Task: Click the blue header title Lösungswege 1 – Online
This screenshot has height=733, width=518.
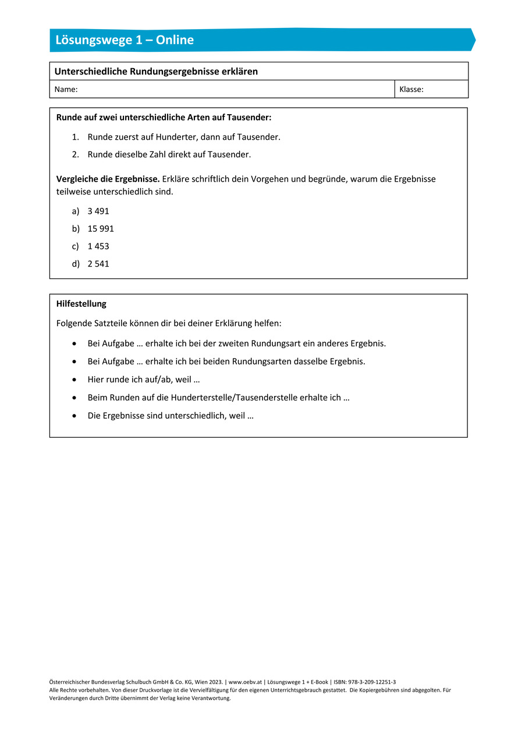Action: pos(125,40)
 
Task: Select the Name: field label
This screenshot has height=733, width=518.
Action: pos(66,90)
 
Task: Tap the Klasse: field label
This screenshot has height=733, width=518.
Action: pos(411,90)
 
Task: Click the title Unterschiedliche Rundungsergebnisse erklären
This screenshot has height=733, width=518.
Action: pos(156,72)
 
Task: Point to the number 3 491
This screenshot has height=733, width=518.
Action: pos(98,211)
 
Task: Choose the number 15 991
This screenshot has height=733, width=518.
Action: pos(101,229)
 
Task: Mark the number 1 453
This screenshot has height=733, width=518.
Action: pos(98,246)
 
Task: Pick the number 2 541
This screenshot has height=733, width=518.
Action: pos(98,264)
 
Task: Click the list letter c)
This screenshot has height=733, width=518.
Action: pos(76,246)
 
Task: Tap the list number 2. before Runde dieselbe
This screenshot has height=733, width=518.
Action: pos(75,154)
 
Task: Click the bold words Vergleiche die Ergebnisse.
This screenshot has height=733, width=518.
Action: pos(108,179)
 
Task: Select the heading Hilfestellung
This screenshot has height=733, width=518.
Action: pos(81,304)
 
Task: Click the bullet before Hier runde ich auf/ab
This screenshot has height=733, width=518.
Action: pos(74,380)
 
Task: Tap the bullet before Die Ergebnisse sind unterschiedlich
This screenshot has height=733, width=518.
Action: pos(74,416)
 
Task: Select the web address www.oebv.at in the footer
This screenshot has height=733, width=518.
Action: pos(244,682)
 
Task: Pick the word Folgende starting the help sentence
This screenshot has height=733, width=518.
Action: pos(75,323)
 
